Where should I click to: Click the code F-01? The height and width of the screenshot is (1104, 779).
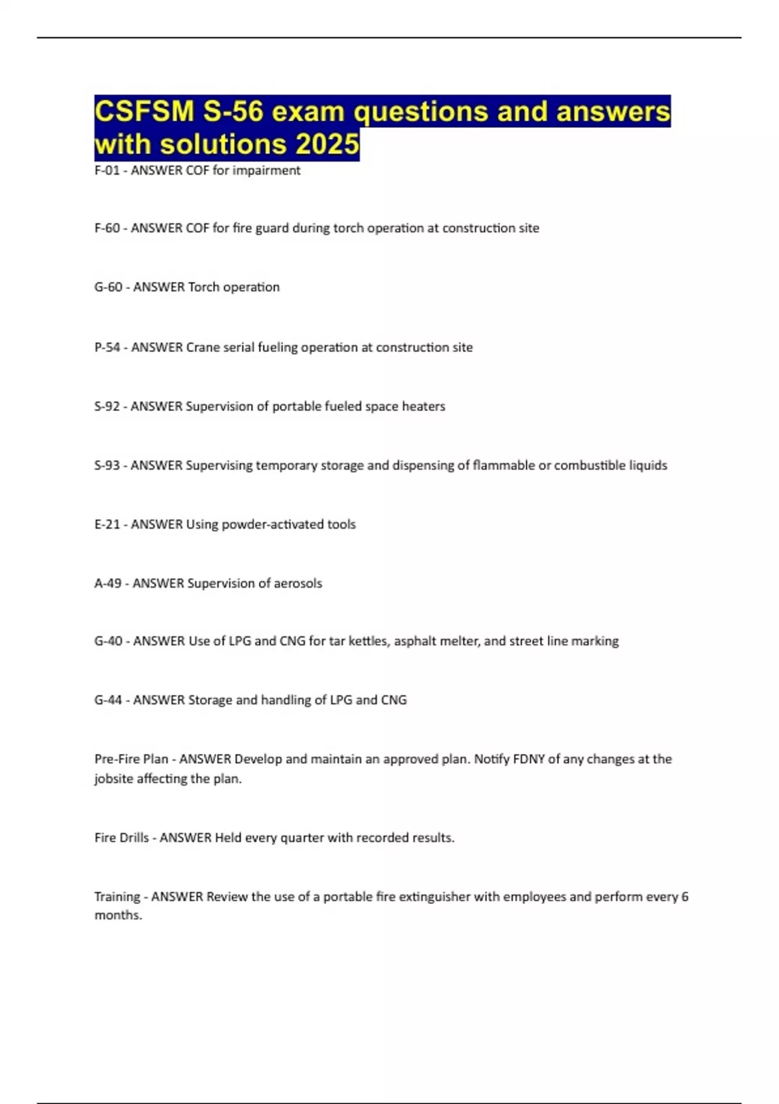pos(107,171)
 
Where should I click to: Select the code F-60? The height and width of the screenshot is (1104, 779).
pos(107,229)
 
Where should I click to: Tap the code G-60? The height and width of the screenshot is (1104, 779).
pos(108,287)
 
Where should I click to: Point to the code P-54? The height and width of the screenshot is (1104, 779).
pos(107,347)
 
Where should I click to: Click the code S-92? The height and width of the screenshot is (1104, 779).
pos(107,407)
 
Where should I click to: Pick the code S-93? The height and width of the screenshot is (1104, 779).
pos(107,466)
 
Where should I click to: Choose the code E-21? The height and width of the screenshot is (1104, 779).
pos(107,525)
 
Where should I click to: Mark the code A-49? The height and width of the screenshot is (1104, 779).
pos(108,584)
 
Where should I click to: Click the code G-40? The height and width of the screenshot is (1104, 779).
pos(108,642)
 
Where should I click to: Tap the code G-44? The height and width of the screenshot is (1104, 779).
pos(108,700)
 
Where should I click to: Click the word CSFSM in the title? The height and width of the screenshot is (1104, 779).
pos(145,112)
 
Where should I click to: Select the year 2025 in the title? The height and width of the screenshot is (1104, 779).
pos(327,144)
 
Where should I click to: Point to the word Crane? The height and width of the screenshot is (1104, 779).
pos(203,347)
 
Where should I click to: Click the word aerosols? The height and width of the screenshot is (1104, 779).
pos(298,584)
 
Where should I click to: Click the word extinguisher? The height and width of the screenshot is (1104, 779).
pos(434,897)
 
